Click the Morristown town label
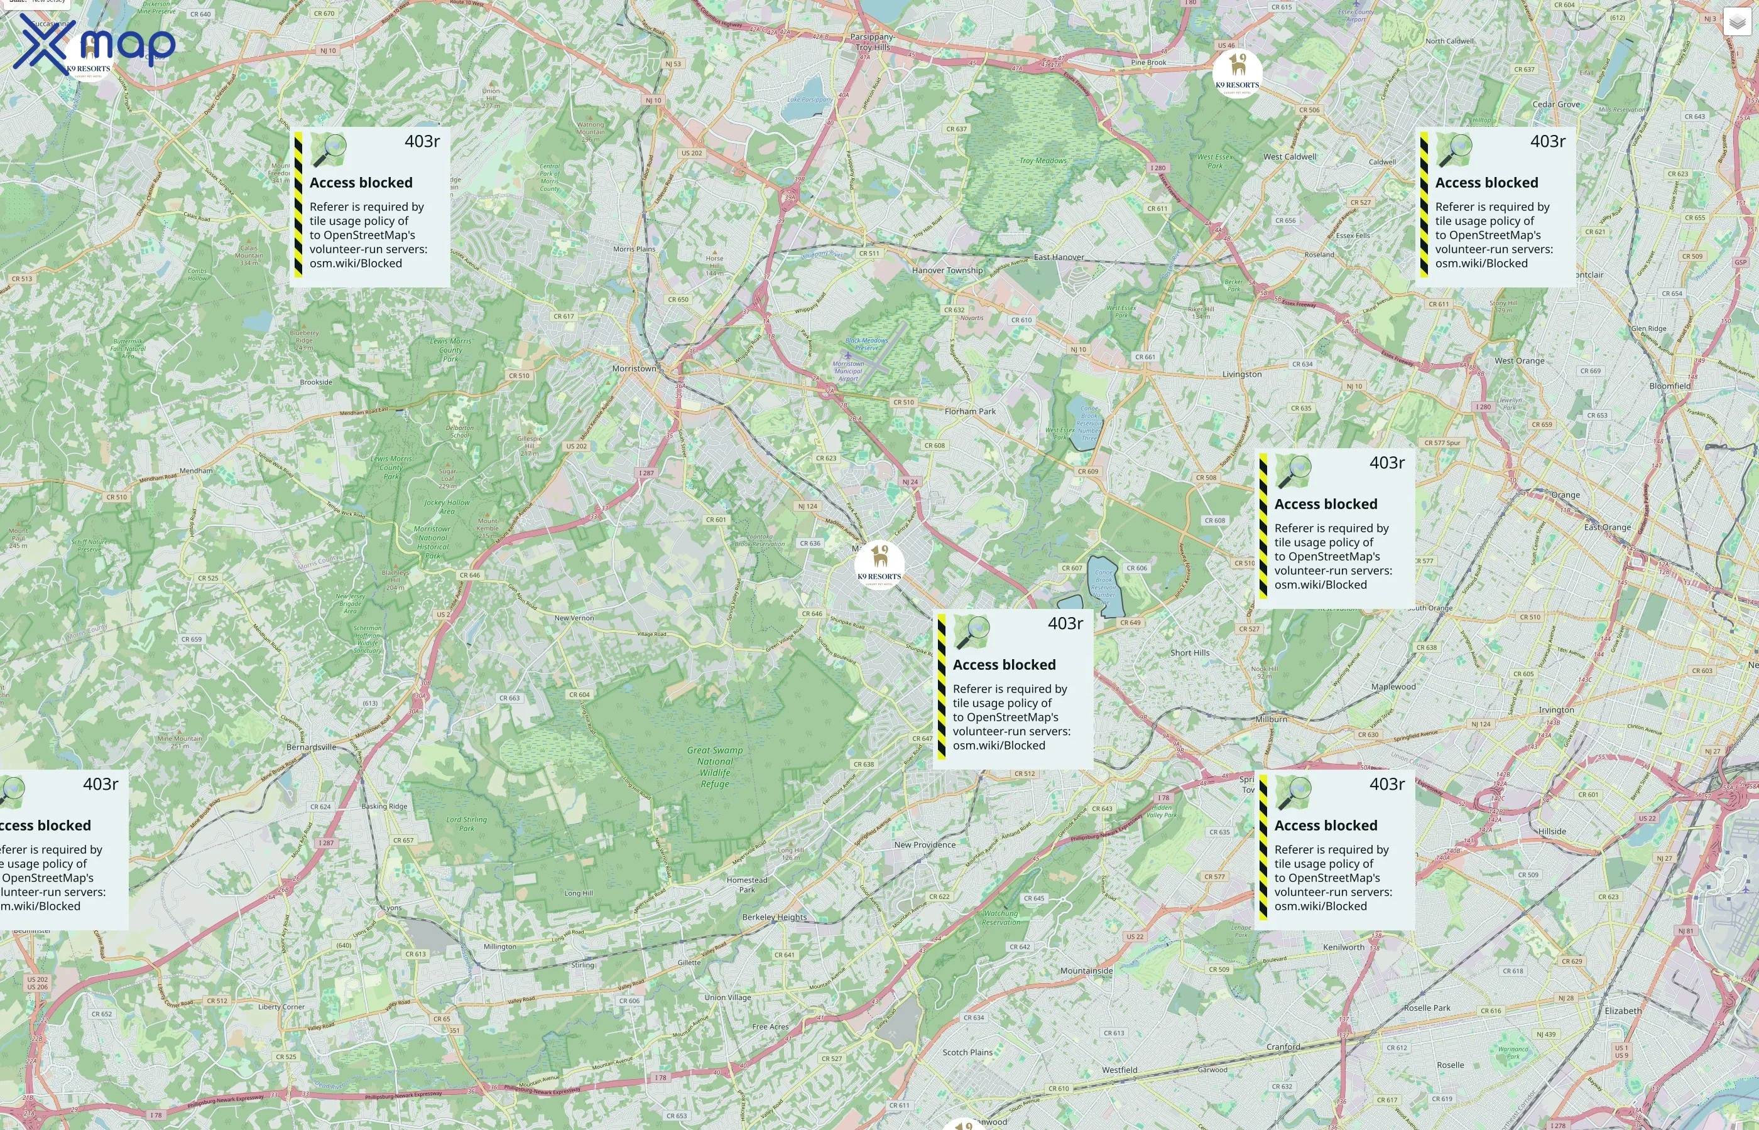634,369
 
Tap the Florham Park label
970,412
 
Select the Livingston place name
1241,374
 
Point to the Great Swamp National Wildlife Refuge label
714,767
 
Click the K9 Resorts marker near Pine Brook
1237,73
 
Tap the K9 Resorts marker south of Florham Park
879,564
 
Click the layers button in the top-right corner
1736,23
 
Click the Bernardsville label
311,747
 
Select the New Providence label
924,844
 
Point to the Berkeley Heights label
774,917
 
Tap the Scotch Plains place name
967,1052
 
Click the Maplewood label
1393,687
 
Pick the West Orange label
1519,360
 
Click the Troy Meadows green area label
1042,161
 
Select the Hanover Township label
947,270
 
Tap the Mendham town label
196,470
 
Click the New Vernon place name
574,618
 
